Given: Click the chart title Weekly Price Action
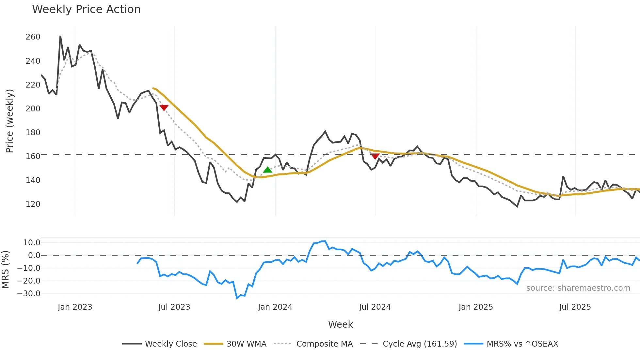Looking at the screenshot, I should [86, 9].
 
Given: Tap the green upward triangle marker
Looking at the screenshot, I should [267, 170].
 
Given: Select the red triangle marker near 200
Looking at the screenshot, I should [164, 107].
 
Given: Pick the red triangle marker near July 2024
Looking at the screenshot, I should [375, 156].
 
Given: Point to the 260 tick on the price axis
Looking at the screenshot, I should [33, 37].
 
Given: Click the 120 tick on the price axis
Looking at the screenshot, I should [33, 204].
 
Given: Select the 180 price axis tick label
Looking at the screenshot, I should [33, 133].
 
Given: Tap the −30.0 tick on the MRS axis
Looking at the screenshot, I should [29, 294].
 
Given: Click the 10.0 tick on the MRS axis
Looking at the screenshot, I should [32, 243].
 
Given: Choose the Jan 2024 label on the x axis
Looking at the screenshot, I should [275, 307].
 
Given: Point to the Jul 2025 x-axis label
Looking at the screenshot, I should [575, 307].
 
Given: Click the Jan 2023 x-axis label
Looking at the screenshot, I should [75, 307].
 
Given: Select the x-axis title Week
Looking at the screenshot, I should [340, 324].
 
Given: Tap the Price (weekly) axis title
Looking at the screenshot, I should [10, 121].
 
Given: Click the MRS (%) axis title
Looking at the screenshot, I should [5, 270].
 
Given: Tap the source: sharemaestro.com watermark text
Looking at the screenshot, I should [578, 288].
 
